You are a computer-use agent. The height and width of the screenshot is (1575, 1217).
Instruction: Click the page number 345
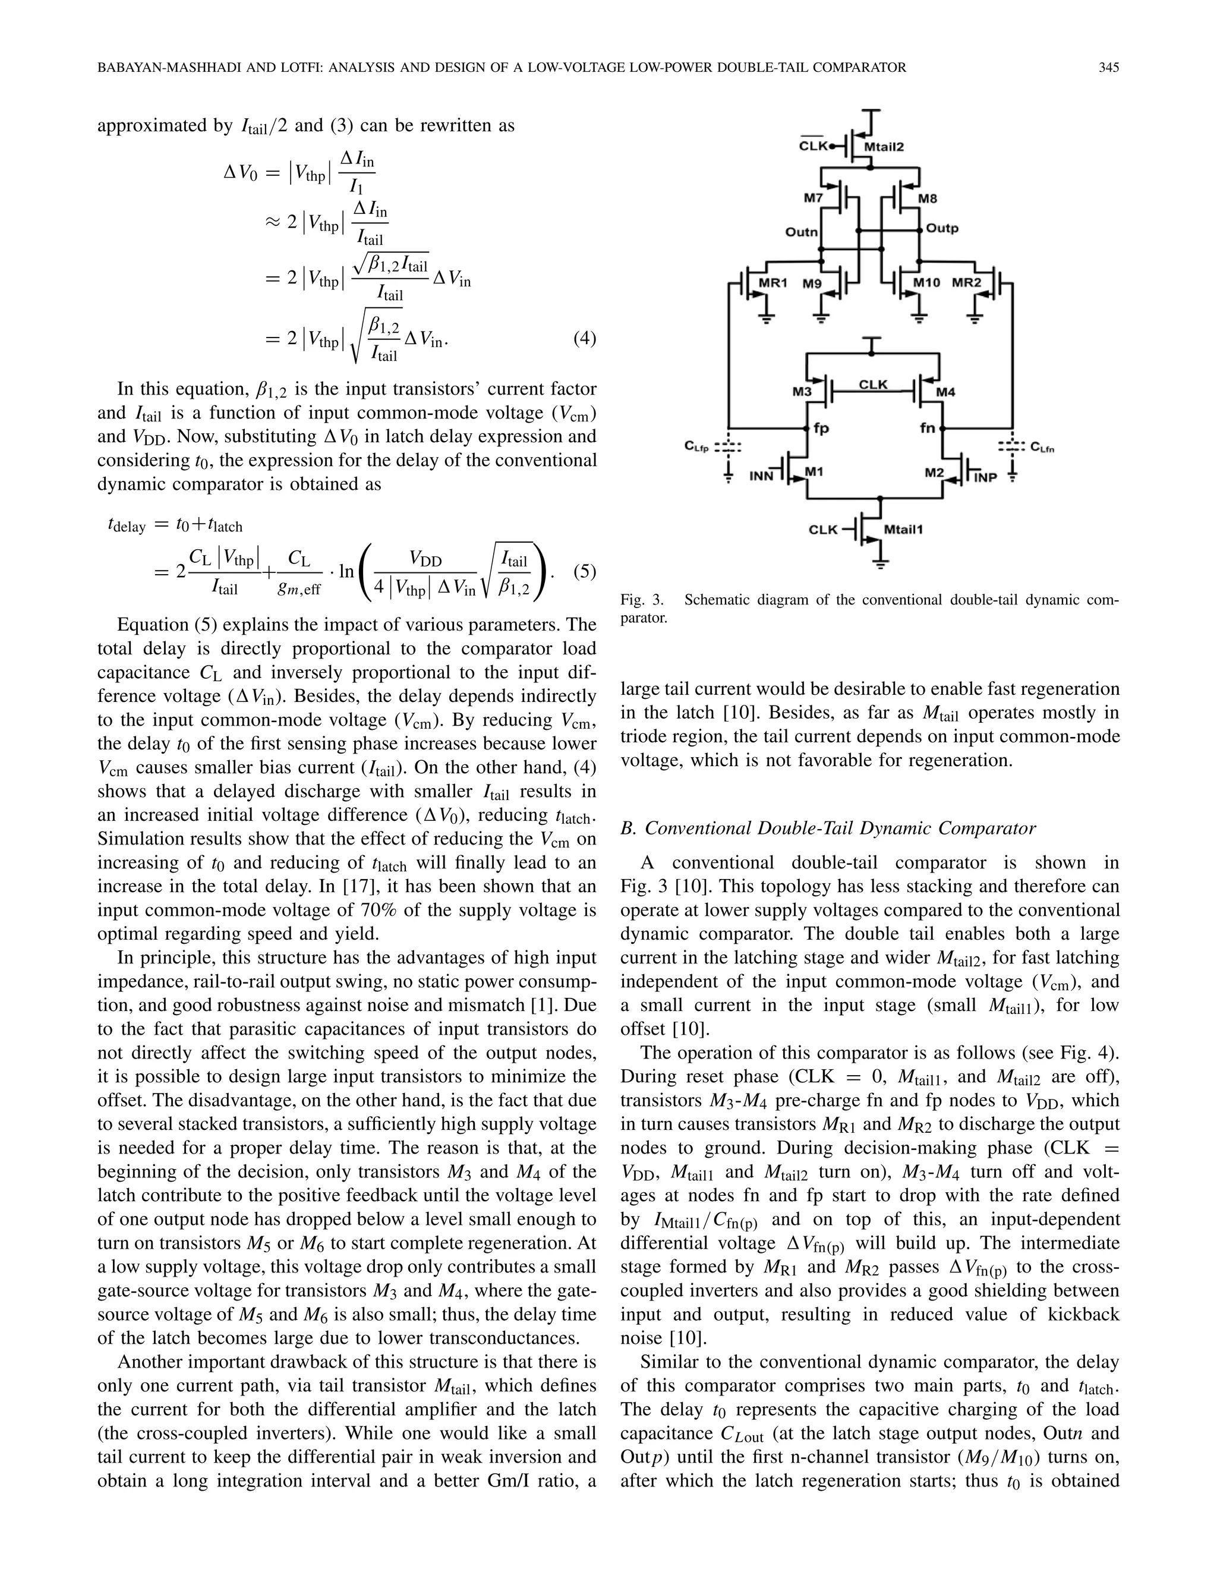(1109, 68)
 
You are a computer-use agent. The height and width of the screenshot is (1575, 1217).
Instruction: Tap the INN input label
(761, 475)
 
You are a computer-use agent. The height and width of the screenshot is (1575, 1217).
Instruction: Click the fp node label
(821, 428)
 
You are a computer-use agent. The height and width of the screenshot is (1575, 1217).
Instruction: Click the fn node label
(927, 428)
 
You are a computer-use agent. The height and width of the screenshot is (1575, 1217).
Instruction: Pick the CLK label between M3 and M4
(873, 385)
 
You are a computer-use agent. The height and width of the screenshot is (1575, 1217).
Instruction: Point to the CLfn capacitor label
(1043, 447)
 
